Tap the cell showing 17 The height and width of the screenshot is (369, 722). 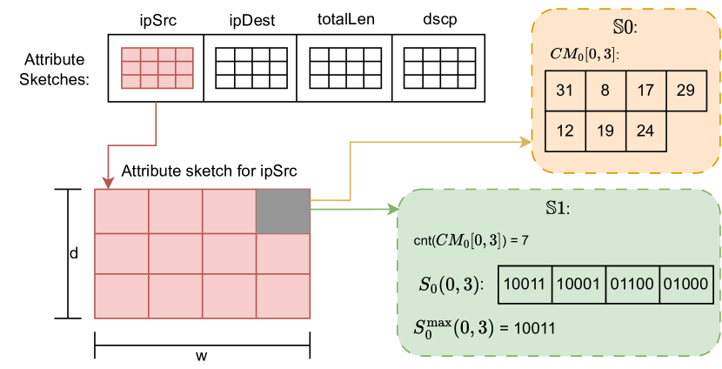(645, 91)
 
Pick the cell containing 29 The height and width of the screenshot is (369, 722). (685, 91)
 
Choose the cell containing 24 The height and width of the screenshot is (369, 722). (645, 131)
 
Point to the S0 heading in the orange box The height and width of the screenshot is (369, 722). (625, 28)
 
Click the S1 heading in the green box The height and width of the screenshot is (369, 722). (557, 210)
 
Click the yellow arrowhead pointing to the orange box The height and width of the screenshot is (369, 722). (527, 140)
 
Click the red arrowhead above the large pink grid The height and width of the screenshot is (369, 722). (108, 183)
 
